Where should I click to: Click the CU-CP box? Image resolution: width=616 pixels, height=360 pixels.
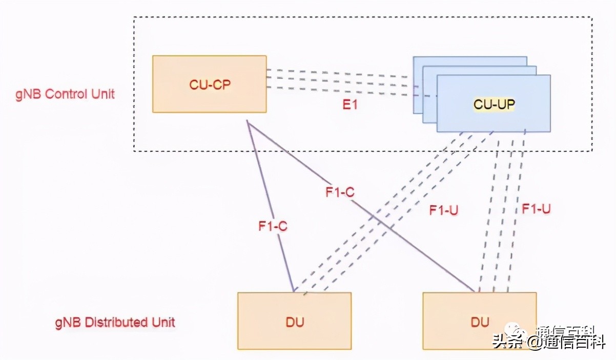209,84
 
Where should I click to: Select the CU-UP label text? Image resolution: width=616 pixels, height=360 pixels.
494,104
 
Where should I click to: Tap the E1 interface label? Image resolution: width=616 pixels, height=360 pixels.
351,105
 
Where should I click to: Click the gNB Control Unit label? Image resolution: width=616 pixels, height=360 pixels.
65,94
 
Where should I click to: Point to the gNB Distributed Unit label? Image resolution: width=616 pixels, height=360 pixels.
115,323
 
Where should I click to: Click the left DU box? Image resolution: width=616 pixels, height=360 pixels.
294,321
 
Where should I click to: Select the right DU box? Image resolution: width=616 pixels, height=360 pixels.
479,321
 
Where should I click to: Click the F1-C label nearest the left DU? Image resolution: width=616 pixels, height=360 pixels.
273,226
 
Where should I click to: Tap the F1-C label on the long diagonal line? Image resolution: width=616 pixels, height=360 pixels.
340,193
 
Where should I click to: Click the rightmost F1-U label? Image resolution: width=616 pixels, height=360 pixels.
536,209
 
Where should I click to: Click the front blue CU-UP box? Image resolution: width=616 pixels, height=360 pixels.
494,118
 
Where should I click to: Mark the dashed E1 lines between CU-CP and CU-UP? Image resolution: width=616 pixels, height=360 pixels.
338,79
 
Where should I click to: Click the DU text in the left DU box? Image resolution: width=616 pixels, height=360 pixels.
294,322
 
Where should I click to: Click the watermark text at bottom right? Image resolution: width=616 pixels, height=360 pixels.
548,341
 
